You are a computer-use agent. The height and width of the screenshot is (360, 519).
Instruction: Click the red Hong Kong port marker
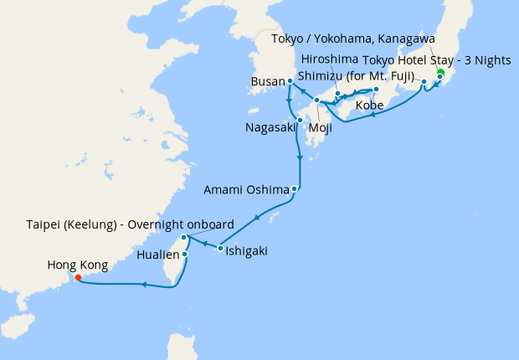click(x=78, y=277)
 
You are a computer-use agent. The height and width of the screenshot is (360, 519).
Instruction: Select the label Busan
click(x=267, y=81)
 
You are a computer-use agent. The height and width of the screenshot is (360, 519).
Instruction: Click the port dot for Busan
click(x=290, y=81)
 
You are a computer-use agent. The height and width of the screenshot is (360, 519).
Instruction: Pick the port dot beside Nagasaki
click(x=300, y=120)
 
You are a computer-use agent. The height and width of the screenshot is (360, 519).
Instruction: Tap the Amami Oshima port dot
click(x=295, y=189)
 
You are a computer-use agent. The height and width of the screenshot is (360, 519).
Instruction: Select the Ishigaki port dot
click(x=220, y=249)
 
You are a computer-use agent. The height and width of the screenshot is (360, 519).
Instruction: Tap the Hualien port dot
click(x=184, y=254)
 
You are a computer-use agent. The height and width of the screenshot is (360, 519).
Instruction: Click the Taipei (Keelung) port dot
click(x=184, y=238)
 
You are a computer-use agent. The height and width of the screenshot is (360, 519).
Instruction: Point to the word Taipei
click(x=44, y=224)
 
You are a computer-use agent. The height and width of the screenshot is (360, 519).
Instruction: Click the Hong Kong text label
click(x=78, y=265)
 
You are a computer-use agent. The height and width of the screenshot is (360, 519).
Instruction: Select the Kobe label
click(x=371, y=106)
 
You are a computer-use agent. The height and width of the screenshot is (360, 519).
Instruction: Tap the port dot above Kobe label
click(x=377, y=90)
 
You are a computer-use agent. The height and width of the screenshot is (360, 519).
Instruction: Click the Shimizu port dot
click(x=424, y=82)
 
